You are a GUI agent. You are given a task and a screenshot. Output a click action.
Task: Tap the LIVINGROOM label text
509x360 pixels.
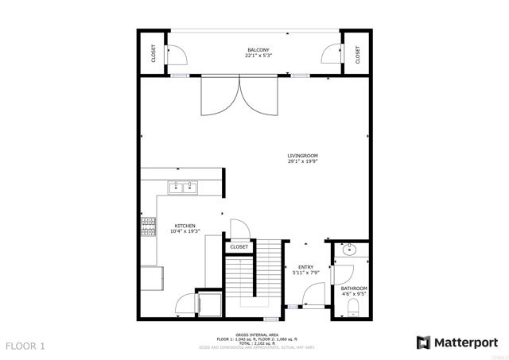[x=302, y=155]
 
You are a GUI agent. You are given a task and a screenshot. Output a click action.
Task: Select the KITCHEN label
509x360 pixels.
[x=185, y=225]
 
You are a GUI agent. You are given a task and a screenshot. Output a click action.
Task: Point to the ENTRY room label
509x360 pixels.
[x=305, y=267]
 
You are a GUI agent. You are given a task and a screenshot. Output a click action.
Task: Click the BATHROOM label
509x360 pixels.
[x=354, y=288]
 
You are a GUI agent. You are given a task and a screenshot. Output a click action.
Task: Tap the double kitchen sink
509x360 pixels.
[x=183, y=188]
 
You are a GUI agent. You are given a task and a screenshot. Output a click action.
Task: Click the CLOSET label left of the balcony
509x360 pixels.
[x=153, y=53]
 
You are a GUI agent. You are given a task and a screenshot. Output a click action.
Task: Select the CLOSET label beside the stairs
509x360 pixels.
[x=239, y=247]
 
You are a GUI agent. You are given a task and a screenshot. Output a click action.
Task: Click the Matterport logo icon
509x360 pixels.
[x=423, y=343]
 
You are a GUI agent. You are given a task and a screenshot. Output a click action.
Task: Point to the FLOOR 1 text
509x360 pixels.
[x=26, y=346]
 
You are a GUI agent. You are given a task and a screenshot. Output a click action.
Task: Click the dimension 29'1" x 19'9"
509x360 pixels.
[x=302, y=161]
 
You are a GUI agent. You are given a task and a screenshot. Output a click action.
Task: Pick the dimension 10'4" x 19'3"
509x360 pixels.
[x=185, y=231]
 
